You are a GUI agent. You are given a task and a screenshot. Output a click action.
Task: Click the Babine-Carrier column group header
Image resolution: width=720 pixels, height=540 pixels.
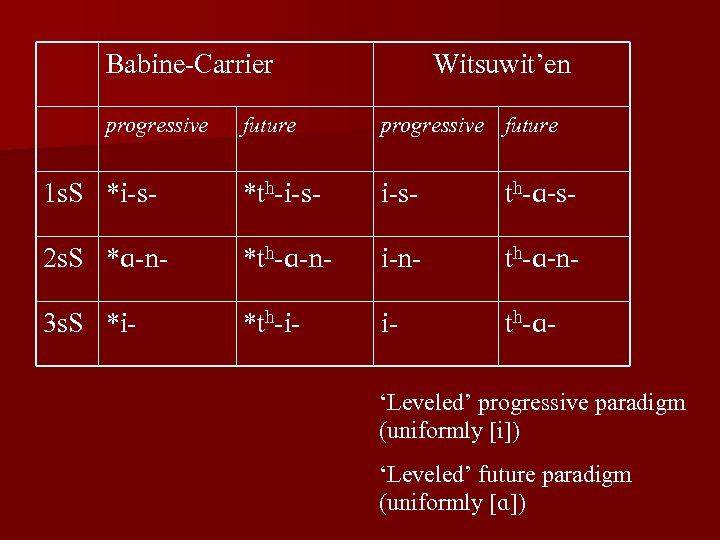pyautogui.click(x=189, y=65)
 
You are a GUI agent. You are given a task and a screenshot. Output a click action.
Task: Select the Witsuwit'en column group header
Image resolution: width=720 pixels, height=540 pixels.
pyautogui.click(x=502, y=65)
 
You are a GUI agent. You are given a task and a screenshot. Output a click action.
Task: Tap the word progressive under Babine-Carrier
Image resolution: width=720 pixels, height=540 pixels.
pyautogui.click(x=157, y=126)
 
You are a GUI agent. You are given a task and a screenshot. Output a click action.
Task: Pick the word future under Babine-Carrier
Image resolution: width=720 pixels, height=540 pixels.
pyautogui.click(x=268, y=126)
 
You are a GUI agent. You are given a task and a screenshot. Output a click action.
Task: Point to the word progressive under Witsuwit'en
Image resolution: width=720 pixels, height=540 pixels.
pyautogui.click(x=432, y=126)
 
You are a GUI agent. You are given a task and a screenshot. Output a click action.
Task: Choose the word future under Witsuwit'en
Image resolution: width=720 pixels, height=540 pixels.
pyautogui.click(x=530, y=126)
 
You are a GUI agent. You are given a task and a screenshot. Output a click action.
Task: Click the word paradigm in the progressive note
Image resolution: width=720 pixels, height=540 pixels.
pyautogui.click(x=638, y=404)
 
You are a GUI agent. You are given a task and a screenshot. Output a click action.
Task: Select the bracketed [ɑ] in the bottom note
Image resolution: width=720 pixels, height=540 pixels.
pyautogui.click(x=496, y=502)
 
